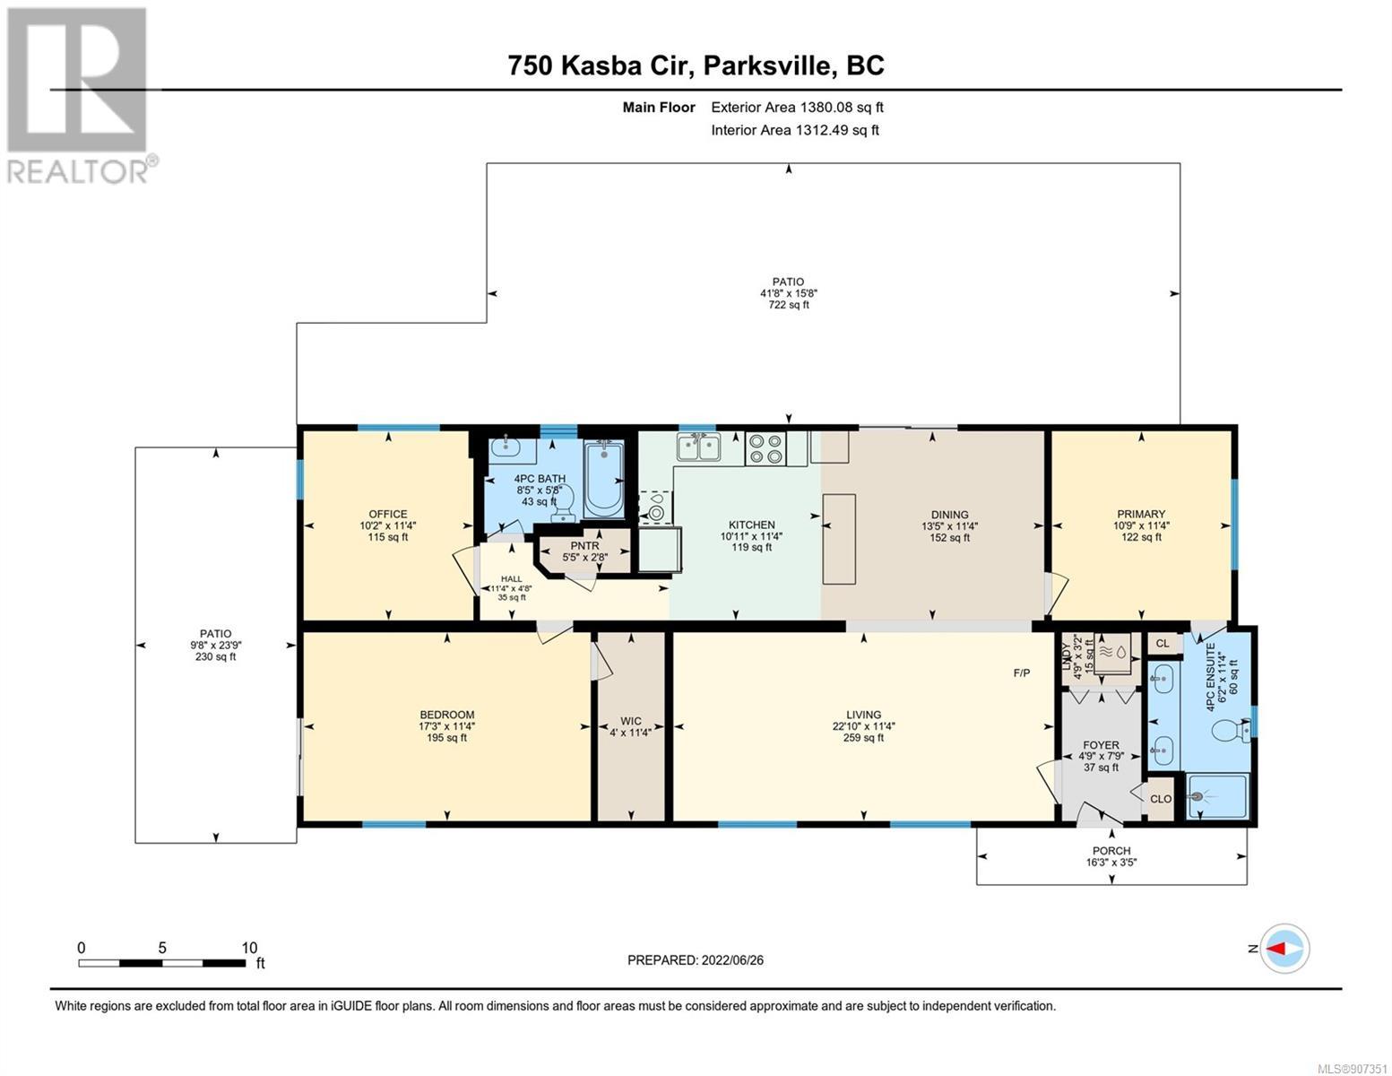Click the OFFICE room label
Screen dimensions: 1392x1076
tap(387, 514)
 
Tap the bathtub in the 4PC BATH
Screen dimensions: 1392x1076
tap(603, 480)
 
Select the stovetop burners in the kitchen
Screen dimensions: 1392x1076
tap(766, 448)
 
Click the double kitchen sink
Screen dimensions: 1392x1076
tap(699, 447)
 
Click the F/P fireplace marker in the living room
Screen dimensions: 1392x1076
tap(1022, 672)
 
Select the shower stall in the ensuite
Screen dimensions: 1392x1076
tap(1218, 797)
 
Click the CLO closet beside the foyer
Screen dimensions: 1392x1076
tap(1160, 799)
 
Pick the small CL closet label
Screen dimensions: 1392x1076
tap(1163, 644)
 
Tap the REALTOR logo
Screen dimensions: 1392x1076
tap(79, 95)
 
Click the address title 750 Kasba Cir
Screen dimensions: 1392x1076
tap(601, 65)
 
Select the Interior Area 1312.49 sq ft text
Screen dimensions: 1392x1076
tap(795, 130)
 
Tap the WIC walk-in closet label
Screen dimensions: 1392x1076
tap(630, 721)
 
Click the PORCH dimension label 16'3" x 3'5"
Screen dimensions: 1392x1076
tap(1111, 862)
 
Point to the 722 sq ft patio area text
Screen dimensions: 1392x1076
tap(789, 305)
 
